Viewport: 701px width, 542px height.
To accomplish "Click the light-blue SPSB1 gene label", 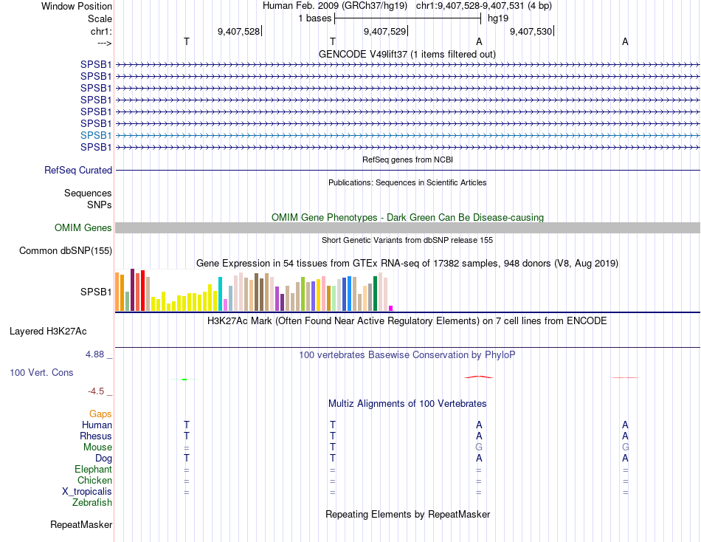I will click(x=96, y=135).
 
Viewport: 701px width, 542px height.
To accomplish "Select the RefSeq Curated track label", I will click(x=78, y=170).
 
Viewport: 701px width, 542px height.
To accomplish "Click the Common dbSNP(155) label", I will click(x=66, y=251).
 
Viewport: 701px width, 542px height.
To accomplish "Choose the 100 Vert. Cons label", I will click(x=41, y=373).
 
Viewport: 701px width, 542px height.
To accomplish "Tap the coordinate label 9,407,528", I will click(x=238, y=32).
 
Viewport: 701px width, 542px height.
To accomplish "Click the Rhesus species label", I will click(x=96, y=436).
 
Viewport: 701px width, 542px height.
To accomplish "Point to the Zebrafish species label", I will click(x=92, y=503).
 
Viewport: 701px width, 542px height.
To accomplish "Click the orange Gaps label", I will click(x=100, y=414).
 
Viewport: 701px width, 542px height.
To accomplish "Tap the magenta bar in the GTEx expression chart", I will click(x=391, y=308).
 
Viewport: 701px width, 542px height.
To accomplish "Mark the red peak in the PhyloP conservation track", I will click(x=480, y=377).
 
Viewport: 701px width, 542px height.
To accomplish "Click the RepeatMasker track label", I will click(x=81, y=525).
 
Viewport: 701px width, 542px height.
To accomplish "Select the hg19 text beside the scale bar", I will click(x=497, y=18).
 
